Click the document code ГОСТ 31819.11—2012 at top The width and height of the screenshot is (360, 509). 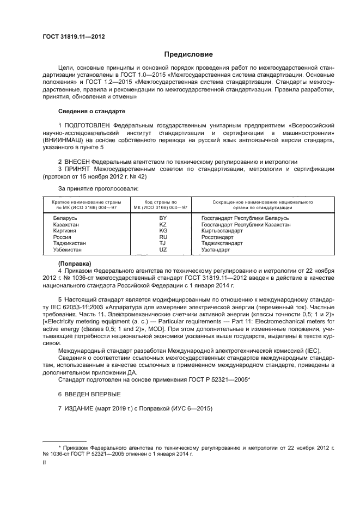(74, 36)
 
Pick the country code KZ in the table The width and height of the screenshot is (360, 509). (162, 224)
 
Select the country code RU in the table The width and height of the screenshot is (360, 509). (162, 237)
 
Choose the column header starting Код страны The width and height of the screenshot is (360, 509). (162, 204)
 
